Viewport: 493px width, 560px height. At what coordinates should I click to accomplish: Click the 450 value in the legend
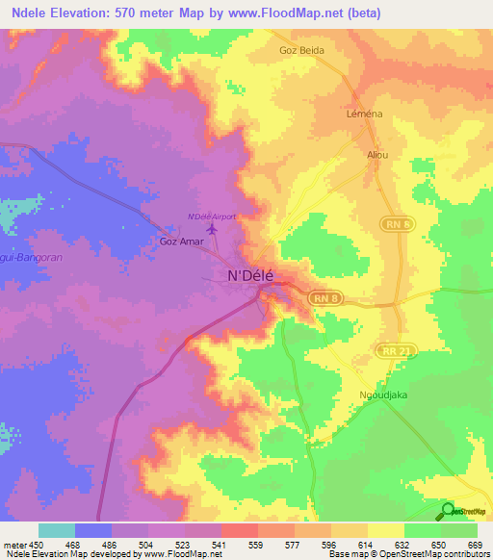click(x=39, y=545)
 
